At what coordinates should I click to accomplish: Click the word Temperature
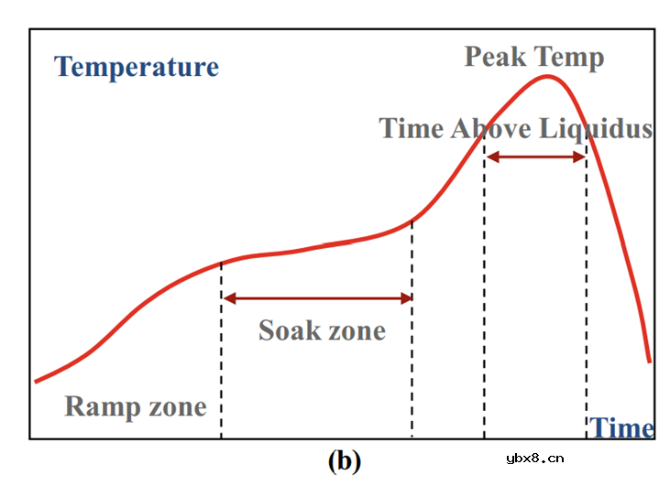pyautogui.click(x=137, y=67)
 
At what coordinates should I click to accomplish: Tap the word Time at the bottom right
pyautogui.click(x=621, y=427)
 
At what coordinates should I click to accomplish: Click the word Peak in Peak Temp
pyautogui.click(x=496, y=57)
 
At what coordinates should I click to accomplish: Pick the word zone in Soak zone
pyautogui.click(x=356, y=330)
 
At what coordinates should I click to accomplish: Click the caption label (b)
pyautogui.click(x=344, y=460)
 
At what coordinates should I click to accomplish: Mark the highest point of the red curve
pyautogui.click(x=548, y=76)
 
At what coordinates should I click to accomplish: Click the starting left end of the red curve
pyautogui.click(x=36, y=381)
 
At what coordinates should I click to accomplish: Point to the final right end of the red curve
pyautogui.click(x=649, y=361)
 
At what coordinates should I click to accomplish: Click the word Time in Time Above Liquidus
pyautogui.click(x=412, y=128)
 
